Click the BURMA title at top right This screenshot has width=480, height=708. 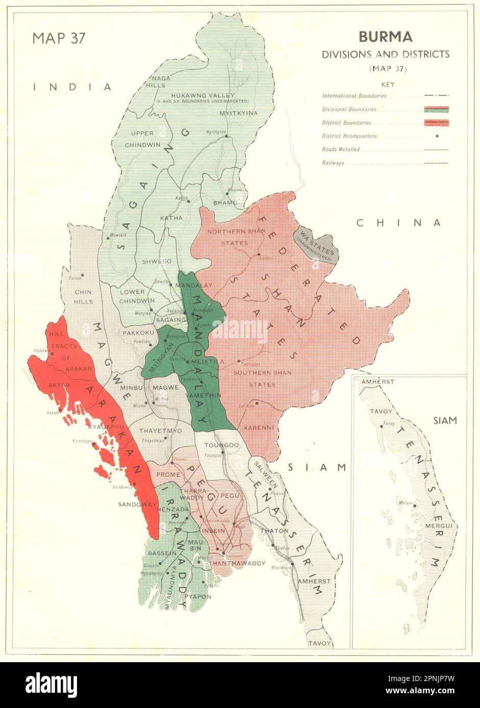click(385, 37)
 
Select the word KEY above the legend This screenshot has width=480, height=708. click(385, 85)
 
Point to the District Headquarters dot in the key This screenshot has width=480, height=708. click(437, 136)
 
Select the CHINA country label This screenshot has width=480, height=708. click(398, 223)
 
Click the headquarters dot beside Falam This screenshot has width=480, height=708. click(82, 275)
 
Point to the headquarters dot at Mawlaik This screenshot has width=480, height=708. click(109, 237)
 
